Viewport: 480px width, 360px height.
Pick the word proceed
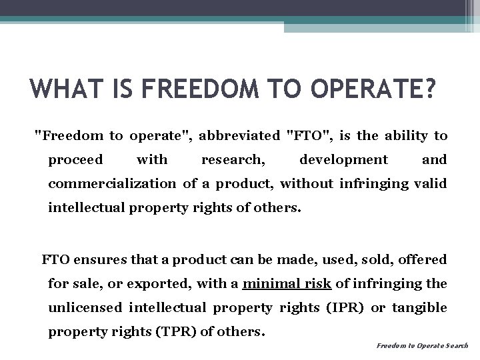[x=75, y=160]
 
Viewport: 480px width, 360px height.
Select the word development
[x=343, y=160]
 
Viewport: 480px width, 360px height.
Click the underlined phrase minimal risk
[x=287, y=283]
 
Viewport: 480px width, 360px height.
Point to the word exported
[x=163, y=283]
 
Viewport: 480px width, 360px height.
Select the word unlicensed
[x=85, y=307]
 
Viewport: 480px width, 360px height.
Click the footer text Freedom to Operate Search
[x=423, y=346]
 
